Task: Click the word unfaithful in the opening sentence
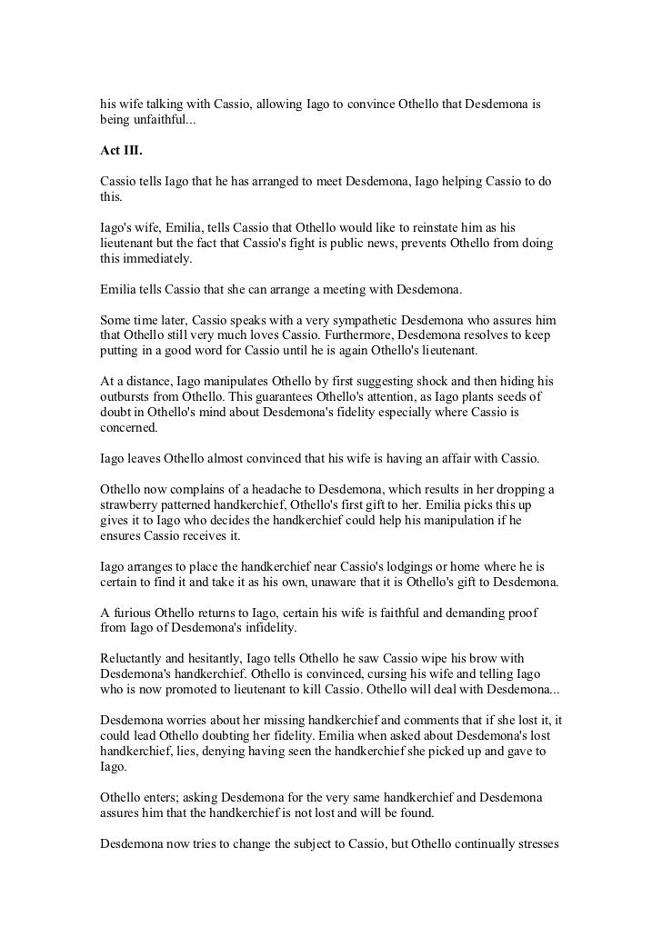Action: tap(159, 121)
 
